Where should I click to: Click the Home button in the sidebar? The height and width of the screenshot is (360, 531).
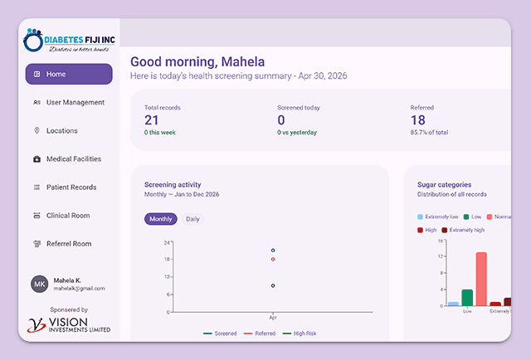coord(69,74)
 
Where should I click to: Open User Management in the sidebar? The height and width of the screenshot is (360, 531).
coord(69,102)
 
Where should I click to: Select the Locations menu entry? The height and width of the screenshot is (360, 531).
coord(56,131)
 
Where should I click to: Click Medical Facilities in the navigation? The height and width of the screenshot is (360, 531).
coord(67,158)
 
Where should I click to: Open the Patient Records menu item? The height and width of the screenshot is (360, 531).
coord(65,187)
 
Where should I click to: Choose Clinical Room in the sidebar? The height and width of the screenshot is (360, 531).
coord(61,216)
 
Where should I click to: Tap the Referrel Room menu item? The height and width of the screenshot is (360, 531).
coord(62,244)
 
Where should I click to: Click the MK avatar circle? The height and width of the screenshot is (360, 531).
coord(40,285)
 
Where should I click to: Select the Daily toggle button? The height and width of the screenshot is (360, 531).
coord(192,219)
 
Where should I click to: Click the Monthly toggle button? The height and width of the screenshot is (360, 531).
coord(160,219)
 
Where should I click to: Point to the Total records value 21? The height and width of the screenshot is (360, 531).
coord(151,120)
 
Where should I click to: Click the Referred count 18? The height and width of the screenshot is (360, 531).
coord(418,120)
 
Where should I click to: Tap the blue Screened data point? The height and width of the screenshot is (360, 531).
coord(273,251)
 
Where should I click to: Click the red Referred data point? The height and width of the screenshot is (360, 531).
coord(273,260)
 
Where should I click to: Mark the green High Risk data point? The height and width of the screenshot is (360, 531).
coord(273,286)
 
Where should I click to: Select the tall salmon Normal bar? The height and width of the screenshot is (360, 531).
coord(481,279)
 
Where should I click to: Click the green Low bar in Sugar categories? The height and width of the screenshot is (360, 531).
coord(467,298)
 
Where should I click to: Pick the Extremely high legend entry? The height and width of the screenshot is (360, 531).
coord(463,231)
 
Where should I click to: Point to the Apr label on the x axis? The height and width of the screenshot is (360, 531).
coord(273,318)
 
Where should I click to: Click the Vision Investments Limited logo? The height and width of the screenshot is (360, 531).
coord(69,325)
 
